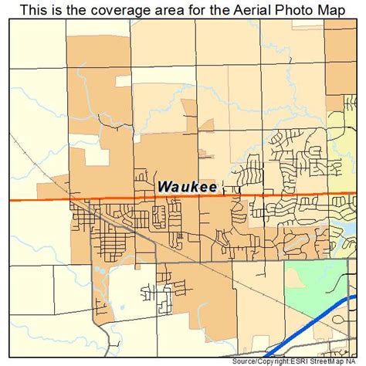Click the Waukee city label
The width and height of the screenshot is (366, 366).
click(x=188, y=185)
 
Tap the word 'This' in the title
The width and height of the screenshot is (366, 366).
click(x=34, y=8)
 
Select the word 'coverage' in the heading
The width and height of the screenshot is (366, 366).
click(x=117, y=8)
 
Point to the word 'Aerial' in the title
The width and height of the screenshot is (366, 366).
click(x=252, y=8)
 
